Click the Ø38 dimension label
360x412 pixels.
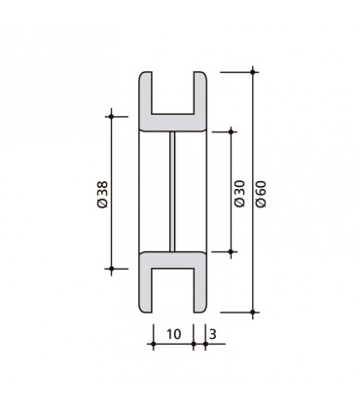click(x=101, y=192)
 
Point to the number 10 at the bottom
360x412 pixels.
click(x=173, y=333)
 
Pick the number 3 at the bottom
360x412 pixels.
click(x=213, y=333)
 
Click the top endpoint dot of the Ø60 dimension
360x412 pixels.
click(x=253, y=71)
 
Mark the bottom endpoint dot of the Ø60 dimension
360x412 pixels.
click(x=253, y=312)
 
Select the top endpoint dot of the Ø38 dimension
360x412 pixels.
click(x=111, y=117)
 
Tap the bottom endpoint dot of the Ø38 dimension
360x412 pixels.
click(x=111, y=267)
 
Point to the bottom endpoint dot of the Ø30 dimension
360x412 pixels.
click(x=231, y=251)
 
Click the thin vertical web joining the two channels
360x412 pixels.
click(x=173, y=192)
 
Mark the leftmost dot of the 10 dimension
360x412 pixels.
click(x=153, y=345)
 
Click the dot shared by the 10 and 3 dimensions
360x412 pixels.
click(x=194, y=345)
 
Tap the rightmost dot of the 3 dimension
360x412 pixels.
click(x=205, y=345)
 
